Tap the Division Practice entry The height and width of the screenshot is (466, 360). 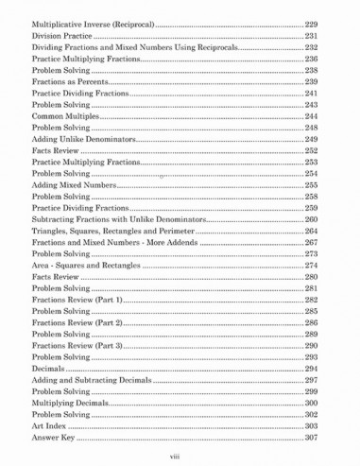click(x=65, y=35)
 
